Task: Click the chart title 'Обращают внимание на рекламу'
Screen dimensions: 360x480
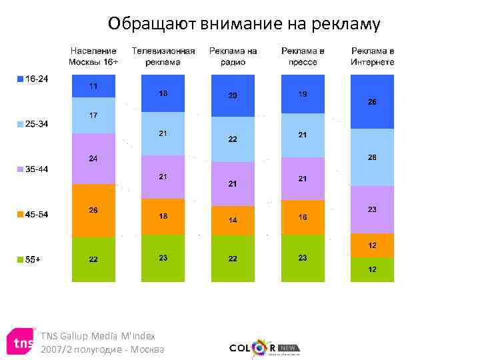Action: point(245,25)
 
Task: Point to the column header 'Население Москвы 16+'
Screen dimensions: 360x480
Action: point(93,56)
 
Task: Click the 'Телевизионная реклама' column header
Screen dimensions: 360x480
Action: point(163,56)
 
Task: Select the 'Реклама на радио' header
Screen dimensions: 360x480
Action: point(233,56)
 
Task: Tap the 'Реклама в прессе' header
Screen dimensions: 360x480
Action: point(303,56)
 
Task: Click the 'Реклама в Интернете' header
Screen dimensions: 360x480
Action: point(372,56)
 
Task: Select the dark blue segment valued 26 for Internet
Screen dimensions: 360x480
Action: point(372,102)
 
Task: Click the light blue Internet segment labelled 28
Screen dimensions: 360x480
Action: point(372,157)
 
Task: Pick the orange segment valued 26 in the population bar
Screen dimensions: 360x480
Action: point(93,211)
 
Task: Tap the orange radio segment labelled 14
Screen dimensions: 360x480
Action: point(233,220)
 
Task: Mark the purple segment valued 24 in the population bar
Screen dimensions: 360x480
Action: point(93,159)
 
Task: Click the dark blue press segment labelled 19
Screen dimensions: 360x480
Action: point(303,94)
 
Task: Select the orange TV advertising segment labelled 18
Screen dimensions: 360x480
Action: point(163,217)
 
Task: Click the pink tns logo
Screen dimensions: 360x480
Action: point(19,343)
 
